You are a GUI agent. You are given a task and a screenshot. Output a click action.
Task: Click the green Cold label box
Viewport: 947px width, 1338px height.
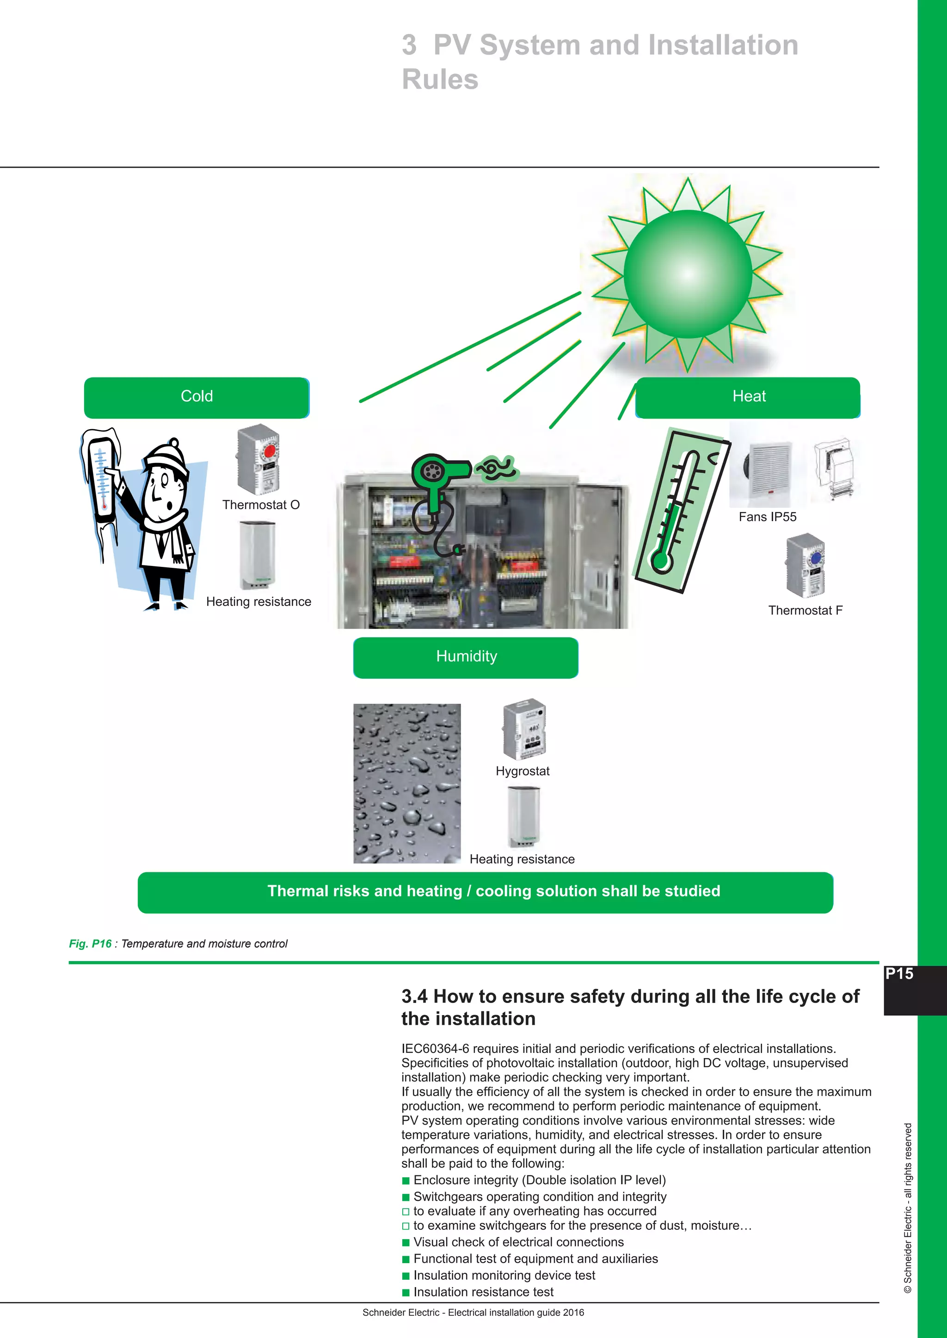click(197, 397)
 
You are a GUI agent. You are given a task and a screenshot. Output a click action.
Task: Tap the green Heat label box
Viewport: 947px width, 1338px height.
click(748, 397)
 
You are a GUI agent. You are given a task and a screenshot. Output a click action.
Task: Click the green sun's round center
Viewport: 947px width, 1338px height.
click(688, 274)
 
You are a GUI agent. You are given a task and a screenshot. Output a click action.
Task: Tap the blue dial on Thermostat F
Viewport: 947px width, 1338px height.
click(816, 558)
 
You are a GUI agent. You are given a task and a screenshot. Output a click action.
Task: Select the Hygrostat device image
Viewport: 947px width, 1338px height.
click(524, 729)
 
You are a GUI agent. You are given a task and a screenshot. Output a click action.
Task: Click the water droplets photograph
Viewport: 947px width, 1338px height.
click(407, 783)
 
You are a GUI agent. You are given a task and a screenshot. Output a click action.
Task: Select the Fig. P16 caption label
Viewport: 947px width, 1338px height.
click(90, 943)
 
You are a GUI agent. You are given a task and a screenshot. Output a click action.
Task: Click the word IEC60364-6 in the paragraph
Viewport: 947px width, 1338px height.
click(435, 1049)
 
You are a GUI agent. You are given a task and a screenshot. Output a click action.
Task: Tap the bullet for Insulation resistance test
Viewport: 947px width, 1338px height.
click(406, 1293)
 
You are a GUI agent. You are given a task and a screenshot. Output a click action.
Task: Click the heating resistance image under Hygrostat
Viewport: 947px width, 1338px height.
click(523, 816)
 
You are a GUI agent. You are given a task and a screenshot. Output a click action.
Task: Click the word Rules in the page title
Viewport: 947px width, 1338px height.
click(440, 79)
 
